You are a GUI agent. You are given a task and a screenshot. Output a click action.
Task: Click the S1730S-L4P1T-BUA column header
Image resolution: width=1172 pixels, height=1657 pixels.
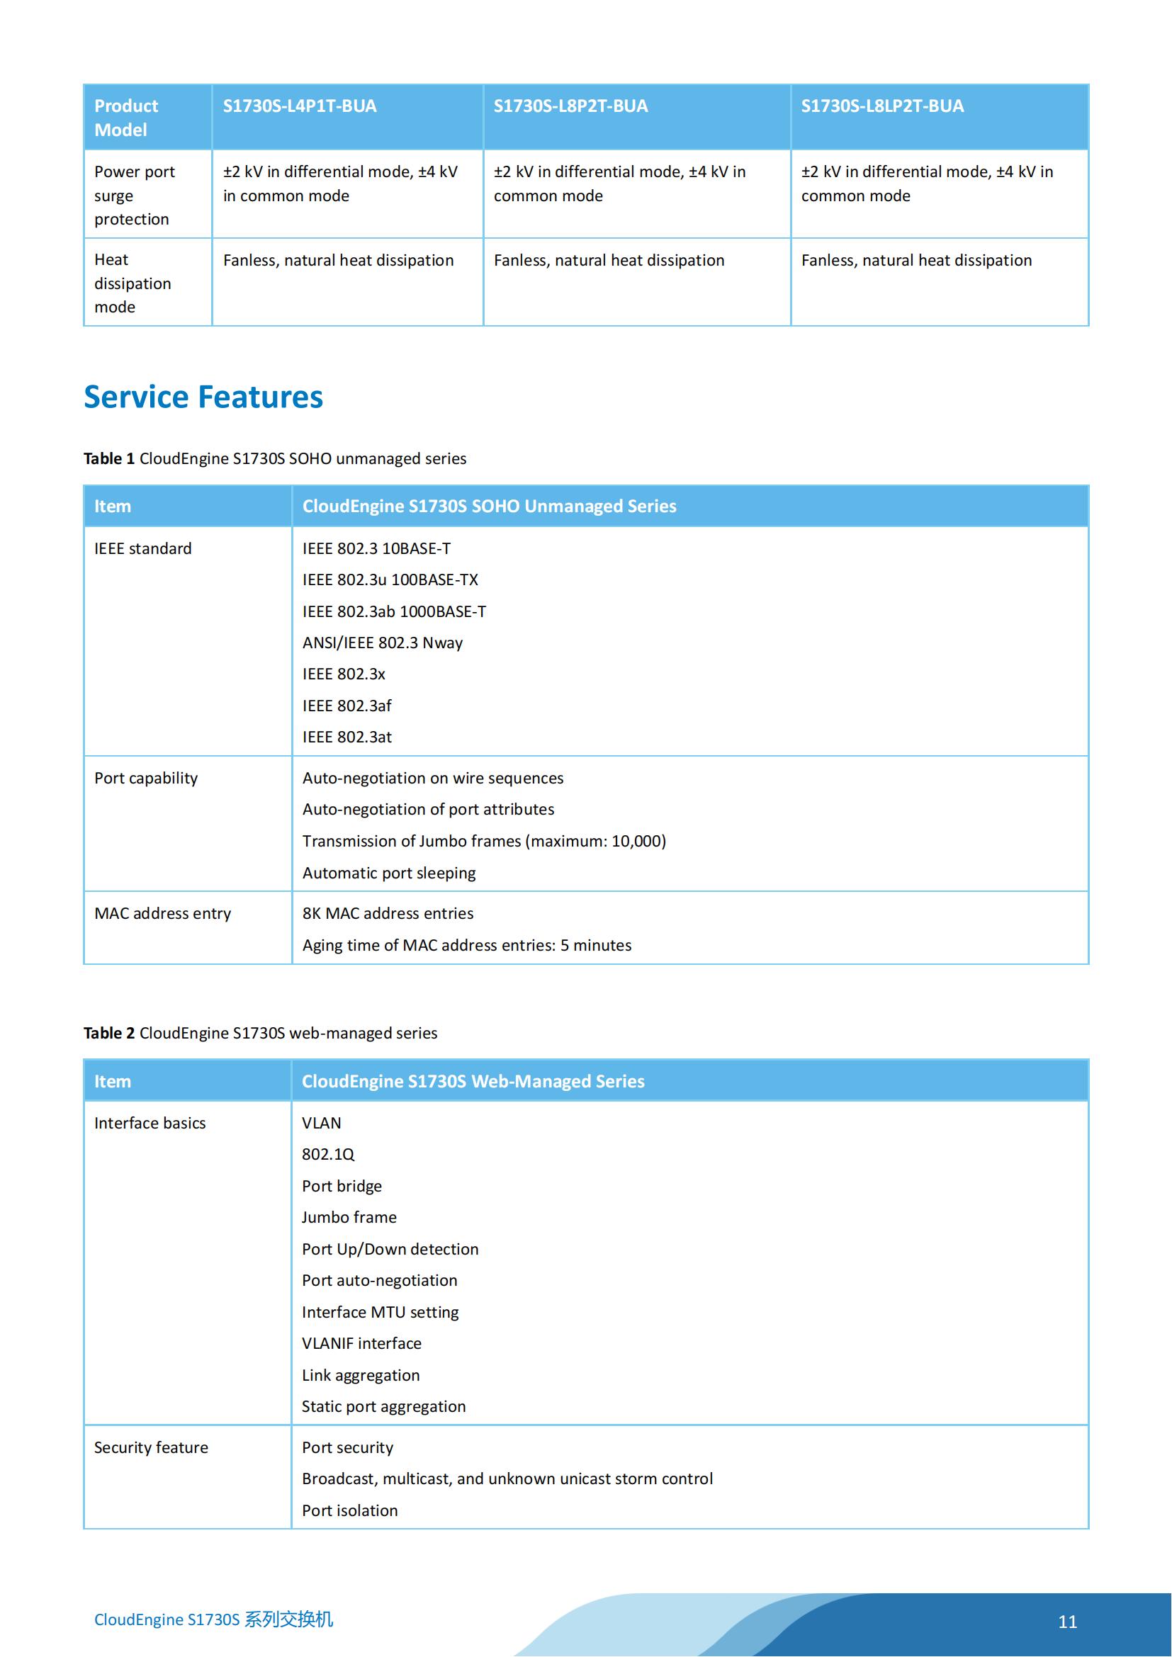coord(300,106)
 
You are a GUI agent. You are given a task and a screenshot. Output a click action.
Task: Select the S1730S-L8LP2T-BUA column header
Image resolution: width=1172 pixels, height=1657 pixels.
coord(882,106)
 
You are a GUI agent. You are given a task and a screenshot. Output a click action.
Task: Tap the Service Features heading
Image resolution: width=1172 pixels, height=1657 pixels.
coord(203,397)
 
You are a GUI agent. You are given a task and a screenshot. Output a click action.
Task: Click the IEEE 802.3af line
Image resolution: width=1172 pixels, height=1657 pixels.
coord(346,705)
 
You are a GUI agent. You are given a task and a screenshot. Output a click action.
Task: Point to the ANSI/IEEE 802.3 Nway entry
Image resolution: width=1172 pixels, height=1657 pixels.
coord(383,643)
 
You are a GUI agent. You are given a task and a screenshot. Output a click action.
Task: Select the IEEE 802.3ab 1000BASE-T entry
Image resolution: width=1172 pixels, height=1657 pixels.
coord(394,611)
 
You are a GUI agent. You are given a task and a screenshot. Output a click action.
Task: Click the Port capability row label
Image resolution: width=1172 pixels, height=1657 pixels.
coord(146,778)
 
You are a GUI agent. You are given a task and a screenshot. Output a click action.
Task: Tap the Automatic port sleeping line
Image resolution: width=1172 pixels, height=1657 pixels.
coord(389,873)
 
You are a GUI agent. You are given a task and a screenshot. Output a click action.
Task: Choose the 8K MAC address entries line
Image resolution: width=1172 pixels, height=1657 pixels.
coord(388,913)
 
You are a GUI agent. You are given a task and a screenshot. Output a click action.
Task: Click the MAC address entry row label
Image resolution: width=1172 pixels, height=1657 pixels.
coord(162,913)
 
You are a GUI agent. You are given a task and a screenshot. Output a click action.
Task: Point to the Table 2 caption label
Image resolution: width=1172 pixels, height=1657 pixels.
coord(109,1033)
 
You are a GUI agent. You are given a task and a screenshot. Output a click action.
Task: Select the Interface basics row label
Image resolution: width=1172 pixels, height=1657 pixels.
coord(150,1123)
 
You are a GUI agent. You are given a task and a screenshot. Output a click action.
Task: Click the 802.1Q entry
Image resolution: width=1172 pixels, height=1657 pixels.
coord(327,1154)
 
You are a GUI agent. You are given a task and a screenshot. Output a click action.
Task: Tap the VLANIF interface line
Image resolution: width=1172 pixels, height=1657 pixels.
coord(361,1343)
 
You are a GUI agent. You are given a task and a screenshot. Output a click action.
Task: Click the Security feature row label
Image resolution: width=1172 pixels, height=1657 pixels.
coord(151,1447)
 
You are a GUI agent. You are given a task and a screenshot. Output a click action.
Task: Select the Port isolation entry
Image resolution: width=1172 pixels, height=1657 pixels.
coord(349,1510)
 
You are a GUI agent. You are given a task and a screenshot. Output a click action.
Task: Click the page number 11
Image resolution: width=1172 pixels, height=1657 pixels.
coord(1067,1622)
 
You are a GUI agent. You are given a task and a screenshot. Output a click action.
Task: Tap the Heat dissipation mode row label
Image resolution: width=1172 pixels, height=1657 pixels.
coord(133,283)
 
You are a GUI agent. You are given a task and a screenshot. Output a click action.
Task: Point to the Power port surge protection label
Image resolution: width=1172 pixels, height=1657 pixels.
coord(134,195)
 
